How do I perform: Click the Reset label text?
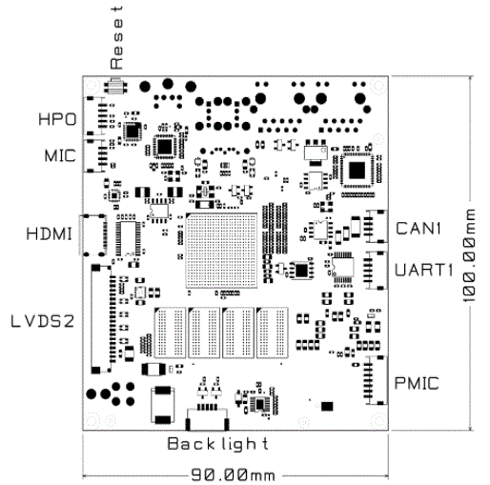[x=116, y=37]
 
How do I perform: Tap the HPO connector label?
[x=57, y=119]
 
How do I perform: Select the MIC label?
[x=60, y=155]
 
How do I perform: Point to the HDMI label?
[x=50, y=233]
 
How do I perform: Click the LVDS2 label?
[x=43, y=321]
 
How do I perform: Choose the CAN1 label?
[x=419, y=229]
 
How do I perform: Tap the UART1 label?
[x=423, y=270]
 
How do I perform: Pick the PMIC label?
[x=417, y=383]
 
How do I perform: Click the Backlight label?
[x=217, y=444]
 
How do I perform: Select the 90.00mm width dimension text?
[x=234, y=475]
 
